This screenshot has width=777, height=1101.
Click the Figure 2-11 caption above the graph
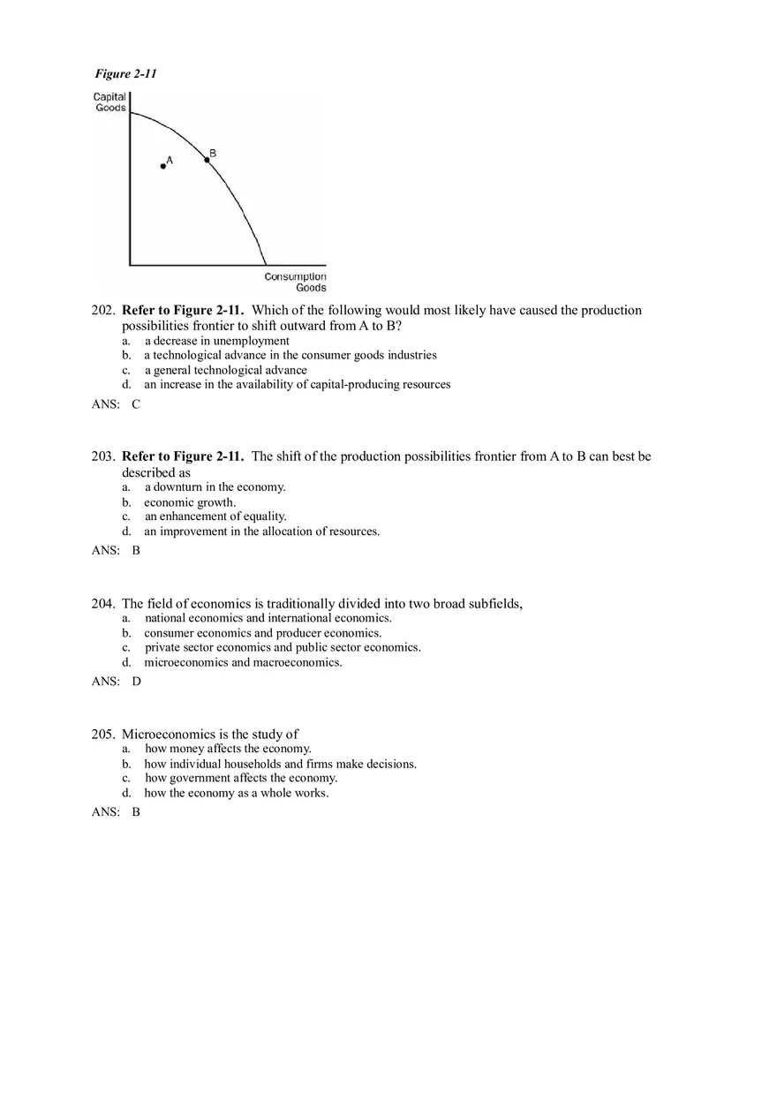(x=125, y=74)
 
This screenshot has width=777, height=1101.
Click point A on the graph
(x=163, y=166)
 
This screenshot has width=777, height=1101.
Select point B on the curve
(x=207, y=160)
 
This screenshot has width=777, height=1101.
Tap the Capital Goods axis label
(x=110, y=102)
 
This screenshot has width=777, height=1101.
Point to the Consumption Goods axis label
(x=296, y=282)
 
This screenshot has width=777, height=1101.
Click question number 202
(x=103, y=311)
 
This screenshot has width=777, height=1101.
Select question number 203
(x=103, y=456)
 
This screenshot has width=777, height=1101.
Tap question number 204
(x=103, y=604)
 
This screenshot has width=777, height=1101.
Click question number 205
(x=103, y=735)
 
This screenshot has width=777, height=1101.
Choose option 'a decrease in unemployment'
(x=216, y=341)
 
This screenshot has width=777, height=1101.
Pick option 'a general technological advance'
(x=225, y=370)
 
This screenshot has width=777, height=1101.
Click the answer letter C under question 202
(x=136, y=404)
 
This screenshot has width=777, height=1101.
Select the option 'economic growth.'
(x=190, y=502)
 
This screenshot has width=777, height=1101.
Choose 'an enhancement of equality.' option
(x=215, y=517)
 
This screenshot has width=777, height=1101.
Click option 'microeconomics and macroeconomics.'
(x=243, y=662)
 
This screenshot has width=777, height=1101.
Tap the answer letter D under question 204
(x=136, y=682)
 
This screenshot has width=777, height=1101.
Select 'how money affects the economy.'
(x=228, y=749)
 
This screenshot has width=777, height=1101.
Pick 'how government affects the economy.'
(x=241, y=778)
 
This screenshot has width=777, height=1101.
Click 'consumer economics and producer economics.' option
(x=263, y=633)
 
